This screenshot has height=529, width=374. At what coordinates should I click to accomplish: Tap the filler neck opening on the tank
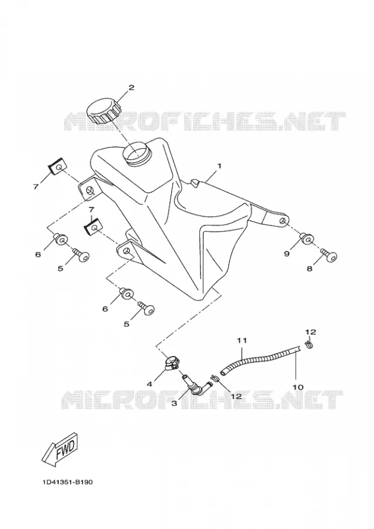click(x=136, y=153)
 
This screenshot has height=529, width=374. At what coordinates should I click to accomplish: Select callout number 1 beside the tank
click(x=219, y=166)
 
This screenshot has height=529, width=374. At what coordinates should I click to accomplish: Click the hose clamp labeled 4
click(x=171, y=363)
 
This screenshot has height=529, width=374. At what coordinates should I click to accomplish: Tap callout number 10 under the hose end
click(x=298, y=387)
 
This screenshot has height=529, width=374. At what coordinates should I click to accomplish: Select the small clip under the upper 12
click(x=309, y=344)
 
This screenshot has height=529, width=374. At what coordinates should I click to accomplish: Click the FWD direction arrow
click(x=60, y=450)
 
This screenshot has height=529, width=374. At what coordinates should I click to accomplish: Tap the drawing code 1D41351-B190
click(x=68, y=482)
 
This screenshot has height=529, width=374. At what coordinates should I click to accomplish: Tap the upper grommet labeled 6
click(x=61, y=239)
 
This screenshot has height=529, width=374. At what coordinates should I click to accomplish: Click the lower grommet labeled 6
click(x=126, y=294)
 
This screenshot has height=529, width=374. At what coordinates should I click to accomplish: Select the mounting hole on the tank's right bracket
click(x=283, y=221)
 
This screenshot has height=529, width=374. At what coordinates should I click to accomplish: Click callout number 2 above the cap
click(x=131, y=88)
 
